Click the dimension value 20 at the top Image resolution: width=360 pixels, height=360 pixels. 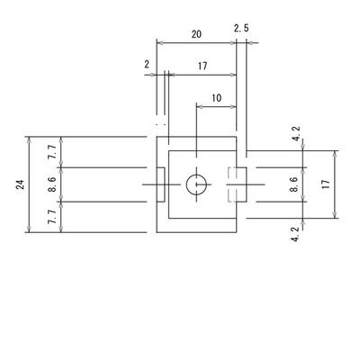[x=196, y=34]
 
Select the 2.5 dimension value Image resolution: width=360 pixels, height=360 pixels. [x=241, y=29]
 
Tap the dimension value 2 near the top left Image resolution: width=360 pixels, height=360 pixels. [x=147, y=64]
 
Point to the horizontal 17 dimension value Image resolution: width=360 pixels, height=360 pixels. [x=202, y=66]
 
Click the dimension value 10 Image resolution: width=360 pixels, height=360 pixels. [x=216, y=98]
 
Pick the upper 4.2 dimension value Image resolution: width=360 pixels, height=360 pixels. [x=295, y=134]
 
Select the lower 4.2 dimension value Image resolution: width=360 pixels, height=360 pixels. [x=295, y=234]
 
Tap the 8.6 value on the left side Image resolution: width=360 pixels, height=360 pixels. [x=52, y=184]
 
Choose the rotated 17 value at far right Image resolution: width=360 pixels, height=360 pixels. [x=325, y=184]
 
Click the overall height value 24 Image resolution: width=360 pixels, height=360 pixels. [x=20, y=184]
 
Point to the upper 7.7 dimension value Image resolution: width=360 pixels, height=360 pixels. [x=52, y=152]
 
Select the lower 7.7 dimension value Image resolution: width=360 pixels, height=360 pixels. [x=52, y=217]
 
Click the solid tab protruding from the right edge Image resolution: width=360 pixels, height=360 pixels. [x=242, y=184]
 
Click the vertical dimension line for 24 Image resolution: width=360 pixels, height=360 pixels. [x=29, y=184]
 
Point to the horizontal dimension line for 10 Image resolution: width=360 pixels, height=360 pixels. [x=216, y=106]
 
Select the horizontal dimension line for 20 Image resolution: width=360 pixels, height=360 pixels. [x=196, y=43]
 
